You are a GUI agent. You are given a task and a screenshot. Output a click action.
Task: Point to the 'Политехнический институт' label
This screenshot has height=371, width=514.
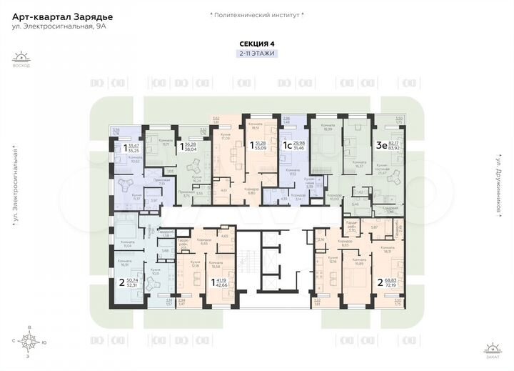pyautogui.click(x=257, y=14)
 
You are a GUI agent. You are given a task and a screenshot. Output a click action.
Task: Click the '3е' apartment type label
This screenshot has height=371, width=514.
pyautogui.click(x=382, y=145)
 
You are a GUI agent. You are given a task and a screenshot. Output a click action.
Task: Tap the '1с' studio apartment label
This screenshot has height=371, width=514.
pyautogui.click(x=285, y=146)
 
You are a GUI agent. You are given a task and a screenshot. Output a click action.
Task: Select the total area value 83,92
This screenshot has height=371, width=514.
pyautogui.click(x=393, y=149)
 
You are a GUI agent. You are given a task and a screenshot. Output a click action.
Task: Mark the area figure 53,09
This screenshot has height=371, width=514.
pyautogui.click(x=255, y=149)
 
